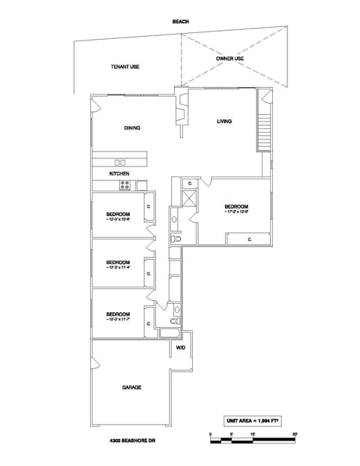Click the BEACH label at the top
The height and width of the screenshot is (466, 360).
click(180, 22)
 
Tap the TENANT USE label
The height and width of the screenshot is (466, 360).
click(125, 67)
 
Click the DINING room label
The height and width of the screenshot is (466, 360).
click(132, 128)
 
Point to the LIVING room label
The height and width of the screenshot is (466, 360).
click(224, 121)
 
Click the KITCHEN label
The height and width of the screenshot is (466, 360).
click(119, 173)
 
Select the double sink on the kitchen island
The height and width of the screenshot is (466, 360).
click(120, 162)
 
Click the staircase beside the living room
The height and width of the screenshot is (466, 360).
click(263, 134)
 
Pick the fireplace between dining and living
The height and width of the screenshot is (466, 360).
click(180, 113)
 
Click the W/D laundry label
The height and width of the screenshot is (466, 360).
click(181, 348)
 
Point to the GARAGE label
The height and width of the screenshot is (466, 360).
click(132, 387)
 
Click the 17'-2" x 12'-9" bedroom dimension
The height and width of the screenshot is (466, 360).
click(236, 212)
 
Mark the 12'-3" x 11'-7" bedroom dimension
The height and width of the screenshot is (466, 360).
click(118, 320)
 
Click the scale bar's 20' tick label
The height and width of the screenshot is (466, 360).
click(295, 434)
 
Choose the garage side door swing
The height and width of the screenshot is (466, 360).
click(96, 365)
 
